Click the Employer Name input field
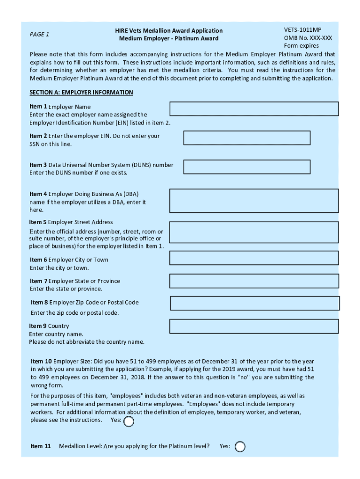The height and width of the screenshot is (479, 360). point(254,109)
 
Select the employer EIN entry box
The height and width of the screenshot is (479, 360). point(247,138)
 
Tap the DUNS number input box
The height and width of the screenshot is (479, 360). point(247,167)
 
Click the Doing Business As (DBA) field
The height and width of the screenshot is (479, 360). point(254,201)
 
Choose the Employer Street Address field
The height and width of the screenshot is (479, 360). point(254,232)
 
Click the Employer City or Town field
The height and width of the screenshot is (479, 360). point(254,258)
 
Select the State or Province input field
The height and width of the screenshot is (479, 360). point(254,281)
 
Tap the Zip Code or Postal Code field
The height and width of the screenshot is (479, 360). point(255,303)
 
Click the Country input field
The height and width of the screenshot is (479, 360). point(254,327)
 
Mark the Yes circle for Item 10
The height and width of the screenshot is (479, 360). point(129,422)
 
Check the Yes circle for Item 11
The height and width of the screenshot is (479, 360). point(240,447)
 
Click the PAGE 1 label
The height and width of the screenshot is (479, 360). point(39,34)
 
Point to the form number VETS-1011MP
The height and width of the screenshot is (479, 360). point(302,29)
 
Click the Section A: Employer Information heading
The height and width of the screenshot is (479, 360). point(81,93)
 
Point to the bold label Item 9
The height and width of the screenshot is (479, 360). point(38,326)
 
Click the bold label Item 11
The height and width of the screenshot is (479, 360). point(40,446)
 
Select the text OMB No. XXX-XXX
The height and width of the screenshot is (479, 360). point(308,38)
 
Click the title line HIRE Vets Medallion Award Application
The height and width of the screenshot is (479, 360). point(169,30)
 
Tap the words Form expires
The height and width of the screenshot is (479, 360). point(301,46)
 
